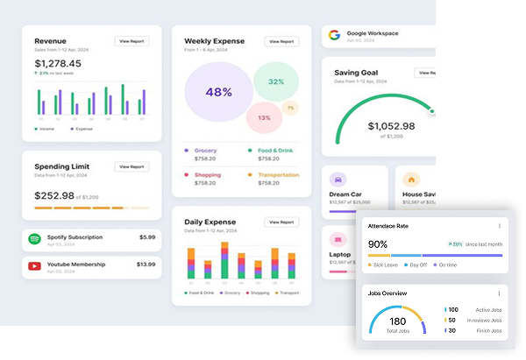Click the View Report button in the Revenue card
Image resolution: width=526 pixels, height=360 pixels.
[x=131, y=41]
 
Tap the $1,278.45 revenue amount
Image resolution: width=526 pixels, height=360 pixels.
[x=58, y=63]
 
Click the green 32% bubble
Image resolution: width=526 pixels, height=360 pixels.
[x=276, y=81]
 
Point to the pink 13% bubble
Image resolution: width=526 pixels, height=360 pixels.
[x=264, y=116]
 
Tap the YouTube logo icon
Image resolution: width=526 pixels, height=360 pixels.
[x=35, y=265]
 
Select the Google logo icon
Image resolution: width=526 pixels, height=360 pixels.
[x=333, y=36]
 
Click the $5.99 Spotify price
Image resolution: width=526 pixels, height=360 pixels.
[x=147, y=237]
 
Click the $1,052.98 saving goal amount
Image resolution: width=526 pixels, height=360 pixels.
[x=391, y=125]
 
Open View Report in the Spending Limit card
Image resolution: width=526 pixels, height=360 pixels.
[x=131, y=166]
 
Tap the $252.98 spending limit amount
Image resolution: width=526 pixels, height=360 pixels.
[x=54, y=196]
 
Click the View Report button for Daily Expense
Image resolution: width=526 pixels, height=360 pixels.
[x=281, y=223]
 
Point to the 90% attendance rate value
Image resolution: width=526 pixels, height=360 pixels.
[x=378, y=244]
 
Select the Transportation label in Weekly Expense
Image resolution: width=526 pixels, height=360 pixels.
[x=277, y=151]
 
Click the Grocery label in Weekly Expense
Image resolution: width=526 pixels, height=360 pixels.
[x=205, y=151]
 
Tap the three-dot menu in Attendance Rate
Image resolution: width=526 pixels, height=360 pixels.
[x=499, y=226]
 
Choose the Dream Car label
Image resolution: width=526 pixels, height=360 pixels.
[x=344, y=194]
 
